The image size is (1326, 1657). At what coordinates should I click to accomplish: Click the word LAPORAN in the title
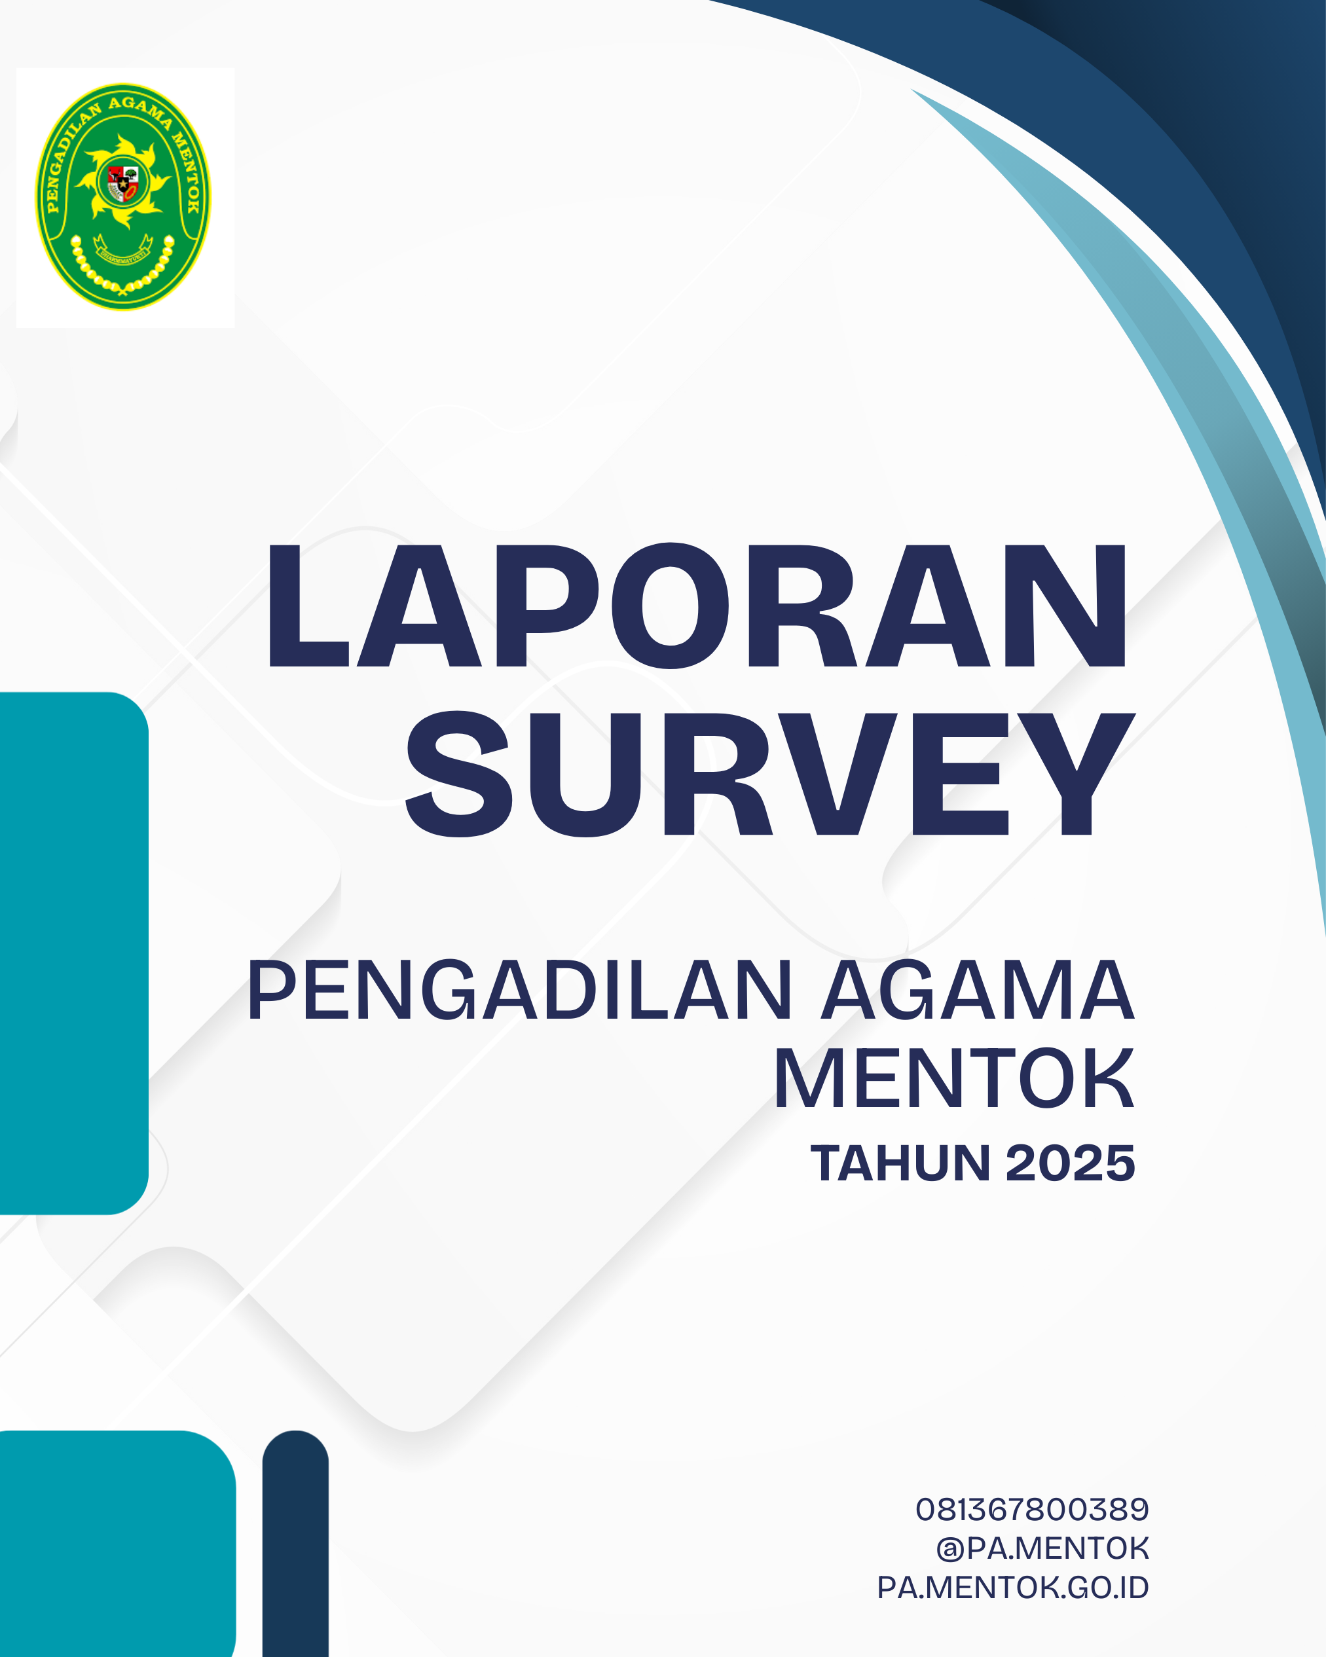click(697, 606)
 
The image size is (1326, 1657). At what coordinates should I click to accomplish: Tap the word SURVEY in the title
click(770, 773)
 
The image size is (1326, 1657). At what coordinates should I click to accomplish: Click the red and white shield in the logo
click(123, 183)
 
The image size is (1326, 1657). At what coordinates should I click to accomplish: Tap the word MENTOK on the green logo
click(187, 173)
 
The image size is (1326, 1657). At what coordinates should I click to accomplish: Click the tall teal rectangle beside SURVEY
click(74, 953)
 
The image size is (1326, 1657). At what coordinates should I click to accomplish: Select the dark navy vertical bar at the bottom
click(295, 1543)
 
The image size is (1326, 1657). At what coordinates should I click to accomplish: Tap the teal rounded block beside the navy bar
click(118, 1543)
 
